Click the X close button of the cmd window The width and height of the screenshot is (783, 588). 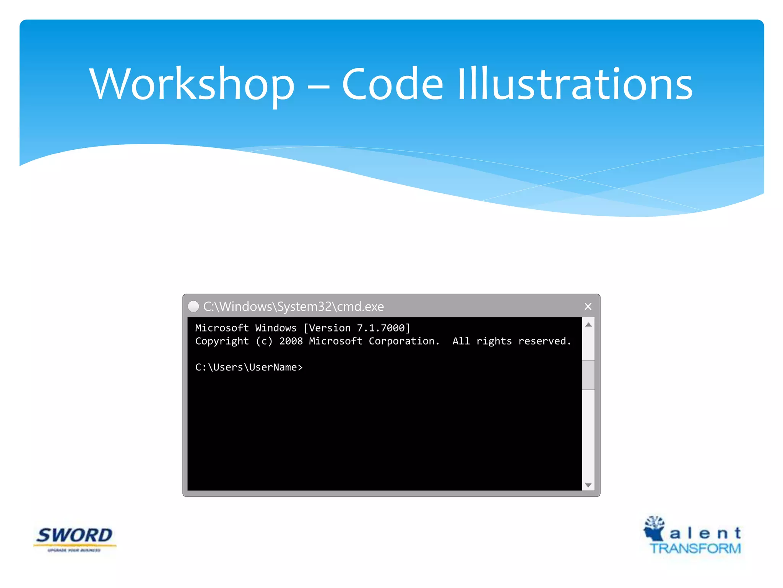coord(588,307)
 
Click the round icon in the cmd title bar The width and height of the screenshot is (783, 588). coord(193,306)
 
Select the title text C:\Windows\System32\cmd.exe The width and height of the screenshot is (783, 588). coord(293,307)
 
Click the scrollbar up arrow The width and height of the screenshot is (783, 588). coord(588,325)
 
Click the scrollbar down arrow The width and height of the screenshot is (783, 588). coord(588,485)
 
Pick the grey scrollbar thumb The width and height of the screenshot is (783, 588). coord(588,375)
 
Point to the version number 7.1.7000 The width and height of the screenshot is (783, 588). coord(380,328)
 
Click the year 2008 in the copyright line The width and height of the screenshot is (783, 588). coord(291,341)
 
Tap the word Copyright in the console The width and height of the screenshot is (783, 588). coord(222,341)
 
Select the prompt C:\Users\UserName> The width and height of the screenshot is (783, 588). coord(249,367)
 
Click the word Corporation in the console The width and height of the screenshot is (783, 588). coord(401,341)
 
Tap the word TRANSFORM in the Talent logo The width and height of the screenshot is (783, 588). coord(695,548)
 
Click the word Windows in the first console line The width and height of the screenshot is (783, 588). coord(276,328)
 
